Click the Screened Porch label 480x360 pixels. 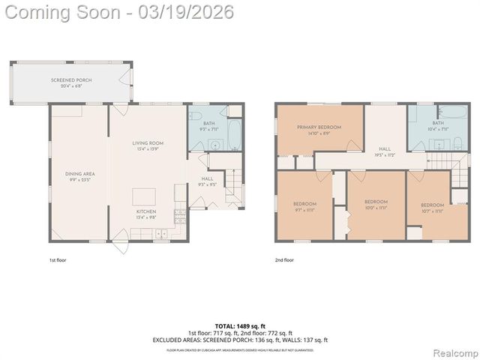point(71,82)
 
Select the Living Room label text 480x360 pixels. point(148,145)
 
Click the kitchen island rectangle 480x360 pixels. point(144,196)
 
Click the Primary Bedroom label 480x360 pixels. point(319,130)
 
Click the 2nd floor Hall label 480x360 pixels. point(385,151)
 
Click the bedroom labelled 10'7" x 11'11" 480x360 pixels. point(432,207)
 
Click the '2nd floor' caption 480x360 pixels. point(284,259)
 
